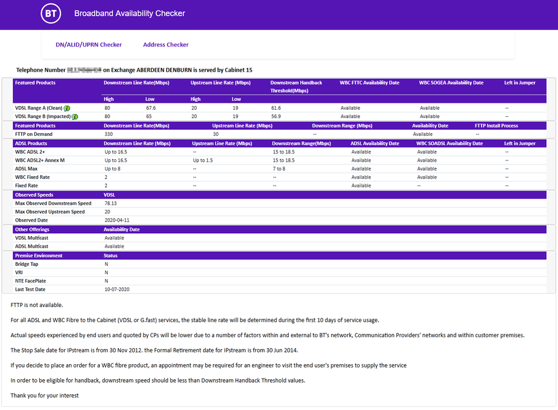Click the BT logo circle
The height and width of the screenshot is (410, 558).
[x=51, y=13]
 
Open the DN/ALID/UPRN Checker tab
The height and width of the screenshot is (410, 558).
[x=89, y=45]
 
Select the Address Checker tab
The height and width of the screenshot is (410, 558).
[x=166, y=45]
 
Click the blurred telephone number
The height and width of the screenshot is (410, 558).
[x=84, y=70]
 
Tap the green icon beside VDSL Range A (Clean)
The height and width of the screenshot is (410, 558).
[x=67, y=108]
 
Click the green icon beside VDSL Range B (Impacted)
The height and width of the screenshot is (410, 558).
[x=74, y=116]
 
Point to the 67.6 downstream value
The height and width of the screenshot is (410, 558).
[x=151, y=108]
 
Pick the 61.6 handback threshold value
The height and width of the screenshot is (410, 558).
[x=276, y=108]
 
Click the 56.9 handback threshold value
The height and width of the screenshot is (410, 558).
[x=276, y=116]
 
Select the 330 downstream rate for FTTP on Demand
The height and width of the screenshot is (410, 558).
[x=109, y=134]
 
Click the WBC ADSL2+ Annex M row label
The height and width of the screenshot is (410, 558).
[x=40, y=161]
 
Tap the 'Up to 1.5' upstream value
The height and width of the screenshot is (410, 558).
[x=204, y=161]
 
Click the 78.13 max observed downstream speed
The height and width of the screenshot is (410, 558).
[x=112, y=204]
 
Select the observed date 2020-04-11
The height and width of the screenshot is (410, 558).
[x=117, y=220]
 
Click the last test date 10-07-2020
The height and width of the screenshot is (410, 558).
[x=117, y=289]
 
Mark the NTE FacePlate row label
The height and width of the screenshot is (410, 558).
[x=32, y=281]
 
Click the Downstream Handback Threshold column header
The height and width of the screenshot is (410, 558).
[x=296, y=86]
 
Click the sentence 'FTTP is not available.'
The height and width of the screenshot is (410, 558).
[x=37, y=305]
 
